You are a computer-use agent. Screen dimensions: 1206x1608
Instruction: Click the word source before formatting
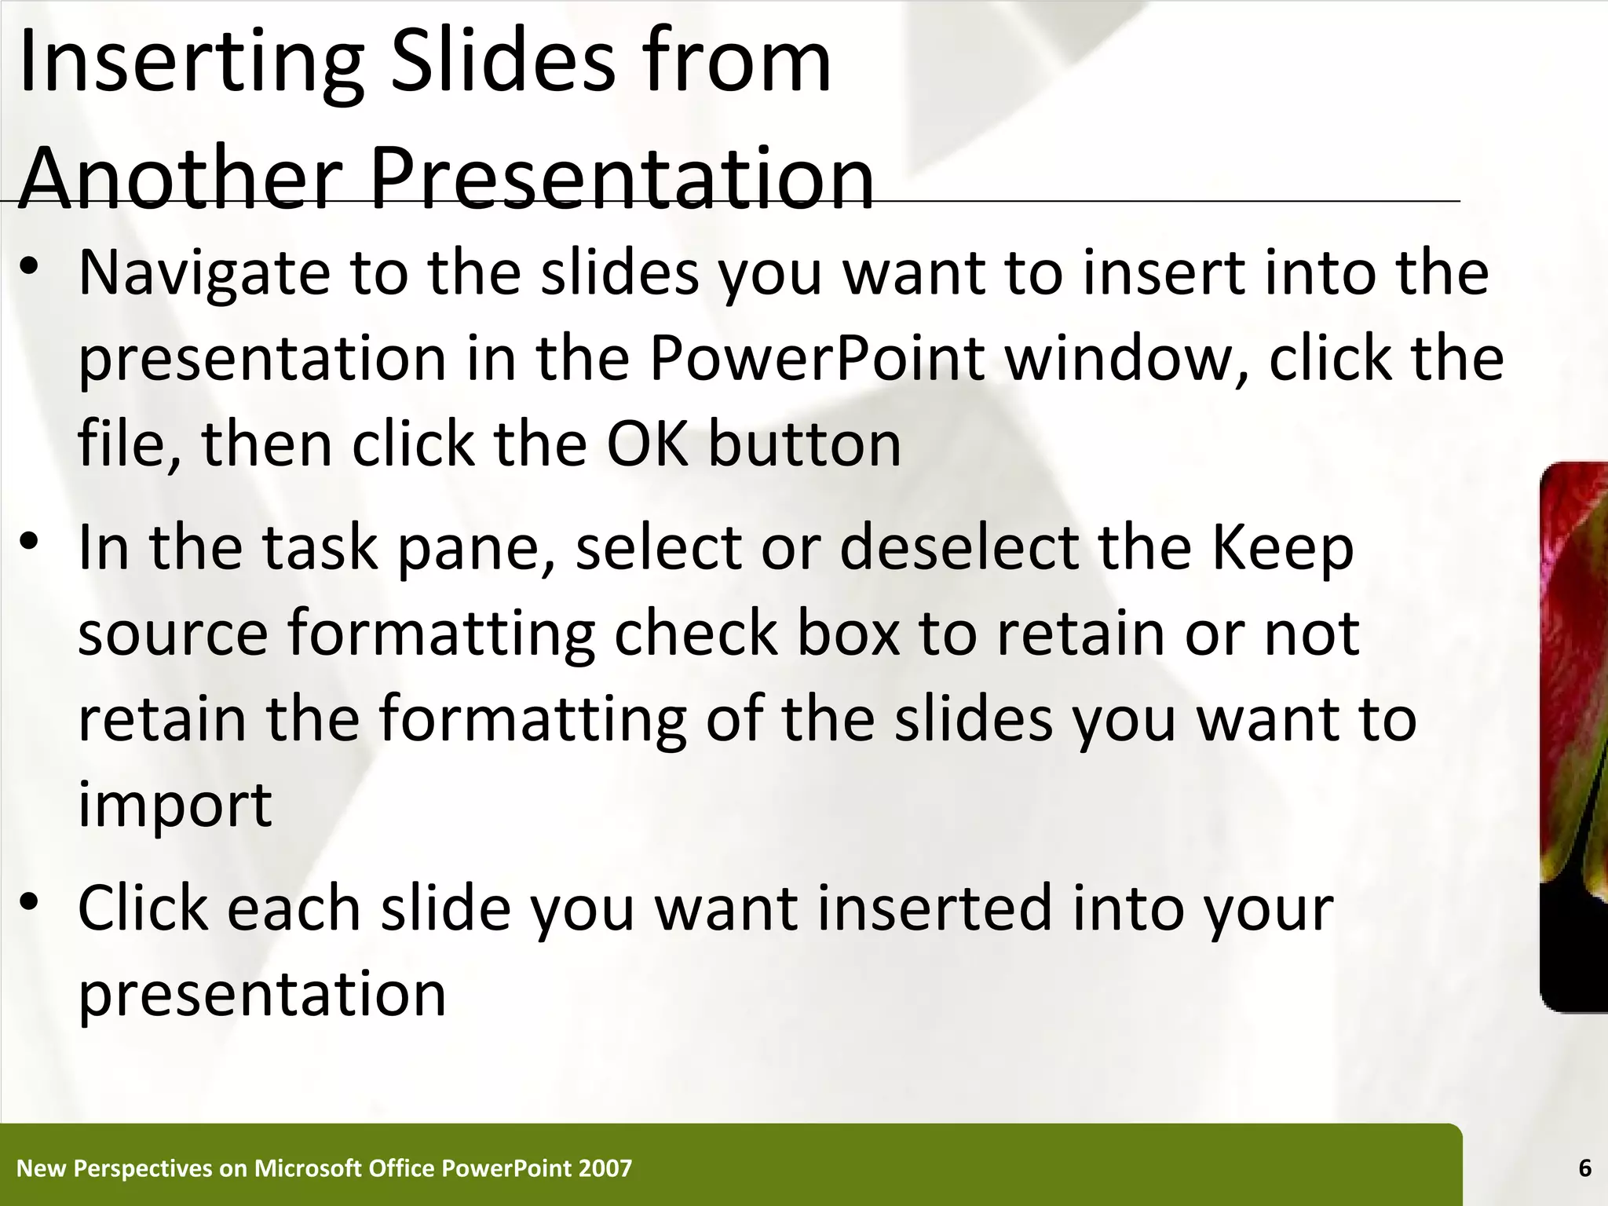(173, 634)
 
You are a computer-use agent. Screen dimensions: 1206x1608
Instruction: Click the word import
(174, 806)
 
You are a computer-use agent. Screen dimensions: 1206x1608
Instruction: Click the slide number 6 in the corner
(1584, 1168)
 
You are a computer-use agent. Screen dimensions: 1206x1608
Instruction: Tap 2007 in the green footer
(605, 1168)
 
